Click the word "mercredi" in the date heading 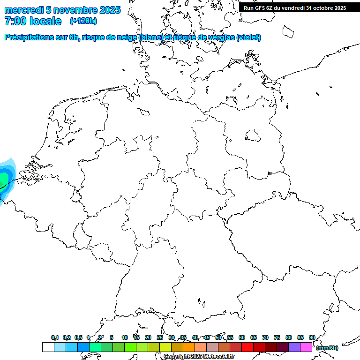[23, 10]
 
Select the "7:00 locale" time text [32, 21]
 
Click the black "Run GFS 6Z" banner [294, 7]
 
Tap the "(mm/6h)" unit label [327, 348]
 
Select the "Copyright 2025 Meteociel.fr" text [199, 357]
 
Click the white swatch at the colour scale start [48, 347]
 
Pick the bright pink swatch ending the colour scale [306, 347]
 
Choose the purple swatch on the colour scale [294, 347]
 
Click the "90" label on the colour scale [312, 337]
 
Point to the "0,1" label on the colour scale [55, 337]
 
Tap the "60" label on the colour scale [242, 337]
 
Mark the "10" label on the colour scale [125, 337]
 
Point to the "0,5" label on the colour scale [78, 337]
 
